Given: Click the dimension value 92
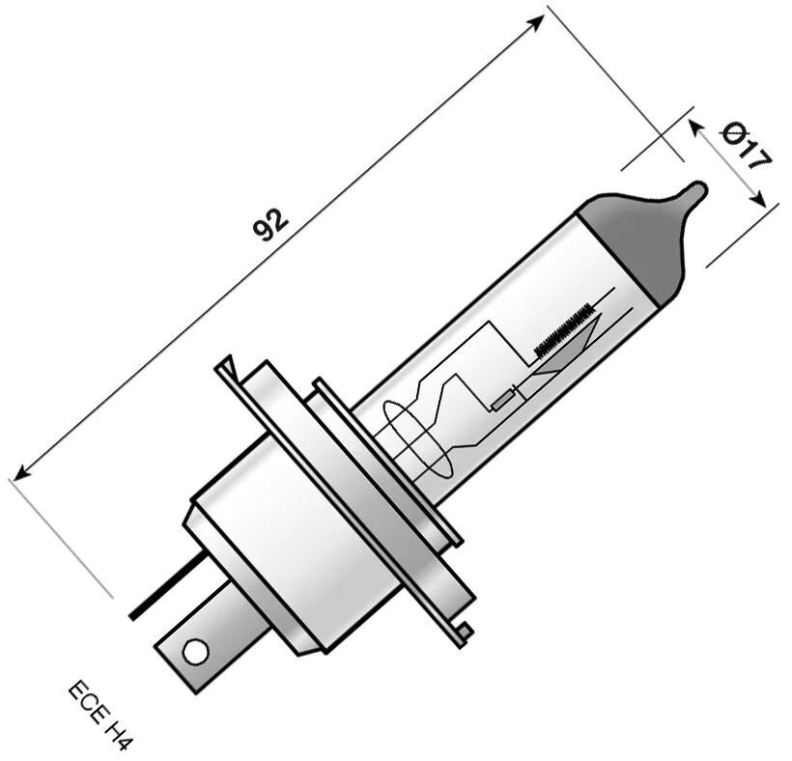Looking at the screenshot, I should click(269, 224).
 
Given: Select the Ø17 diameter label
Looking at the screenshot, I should click(747, 145).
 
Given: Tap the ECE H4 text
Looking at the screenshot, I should click(99, 716).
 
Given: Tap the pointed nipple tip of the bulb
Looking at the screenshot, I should click(697, 189).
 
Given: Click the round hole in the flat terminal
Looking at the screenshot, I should click(195, 652).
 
